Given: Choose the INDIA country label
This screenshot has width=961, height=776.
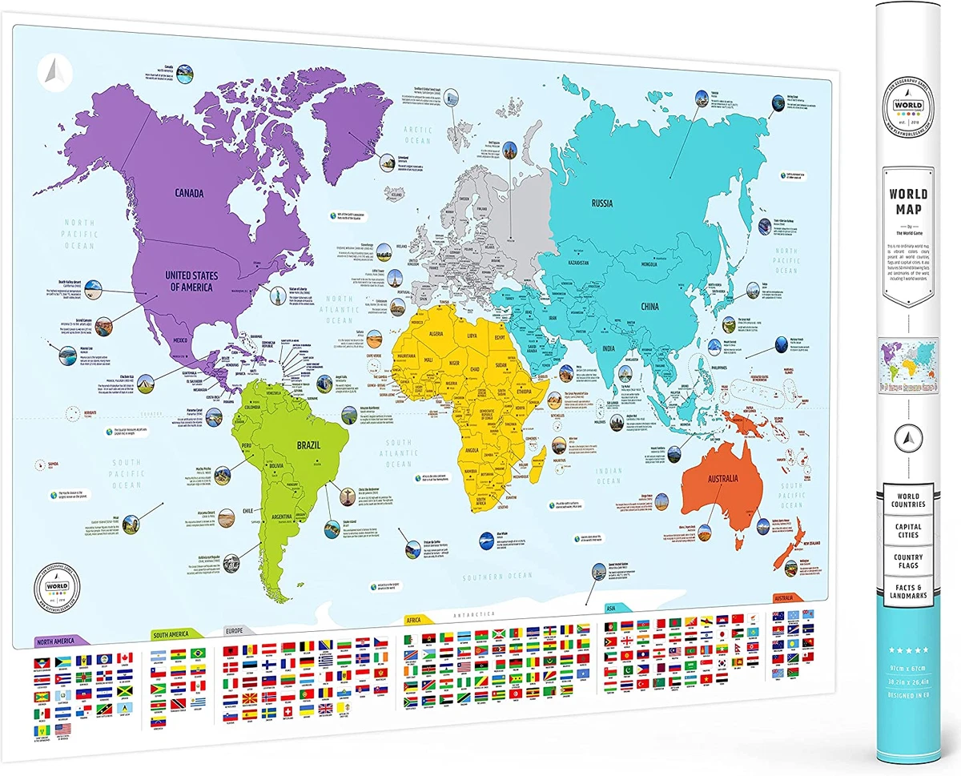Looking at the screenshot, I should pos(609,348).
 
